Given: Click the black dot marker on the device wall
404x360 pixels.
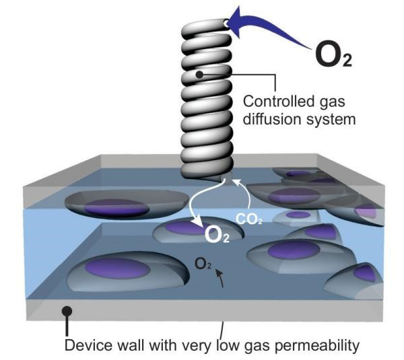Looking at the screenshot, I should pos(67,312).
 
